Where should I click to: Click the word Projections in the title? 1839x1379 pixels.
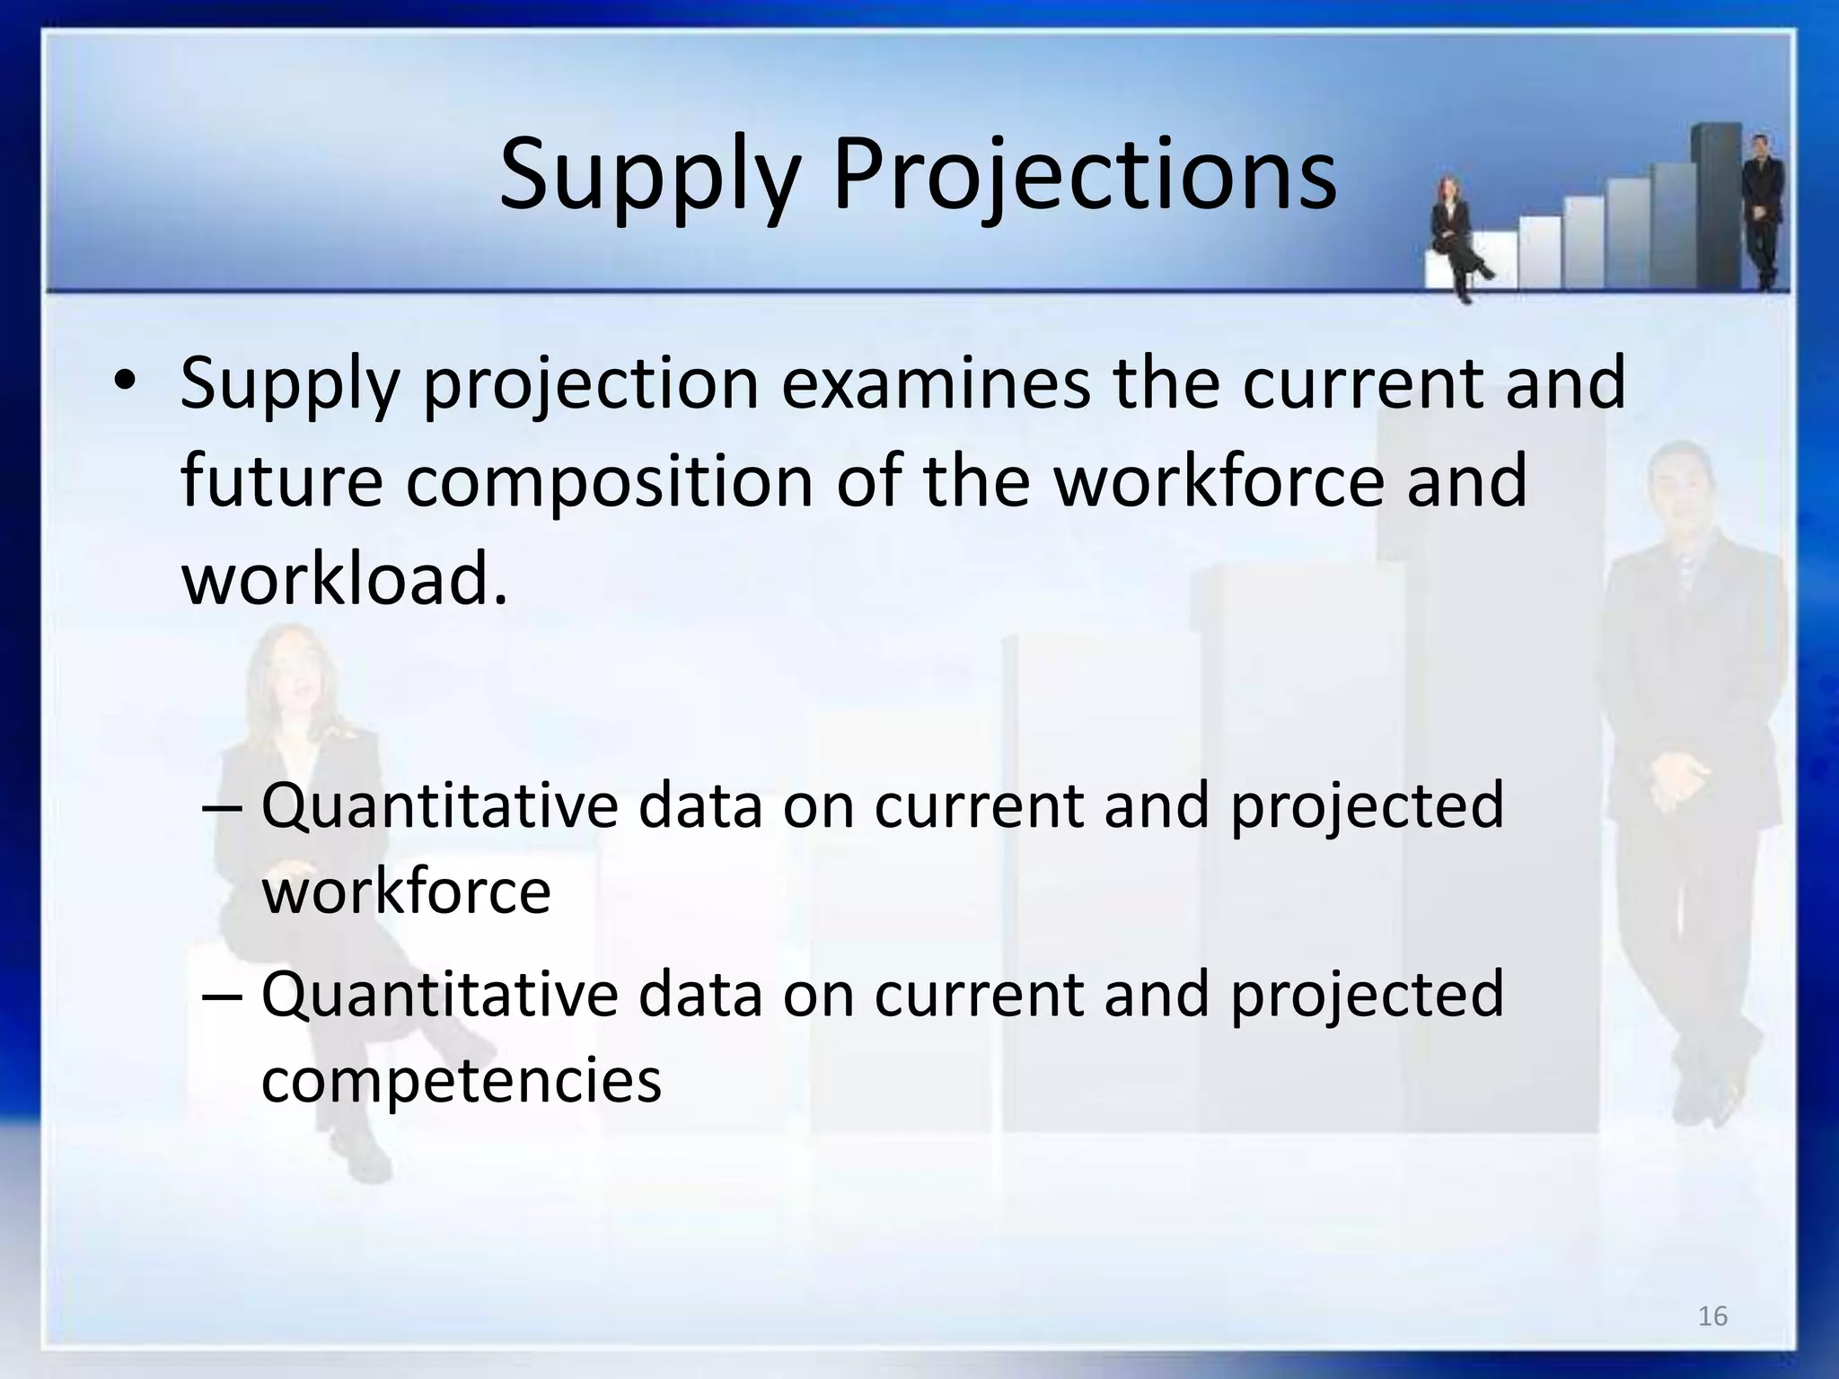point(1084,177)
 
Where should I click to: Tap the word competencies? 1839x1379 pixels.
point(461,1079)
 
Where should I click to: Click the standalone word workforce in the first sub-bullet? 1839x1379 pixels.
point(406,892)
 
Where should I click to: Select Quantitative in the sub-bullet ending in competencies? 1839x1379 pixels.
point(439,996)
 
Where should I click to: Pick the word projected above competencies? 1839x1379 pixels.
point(1367,996)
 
